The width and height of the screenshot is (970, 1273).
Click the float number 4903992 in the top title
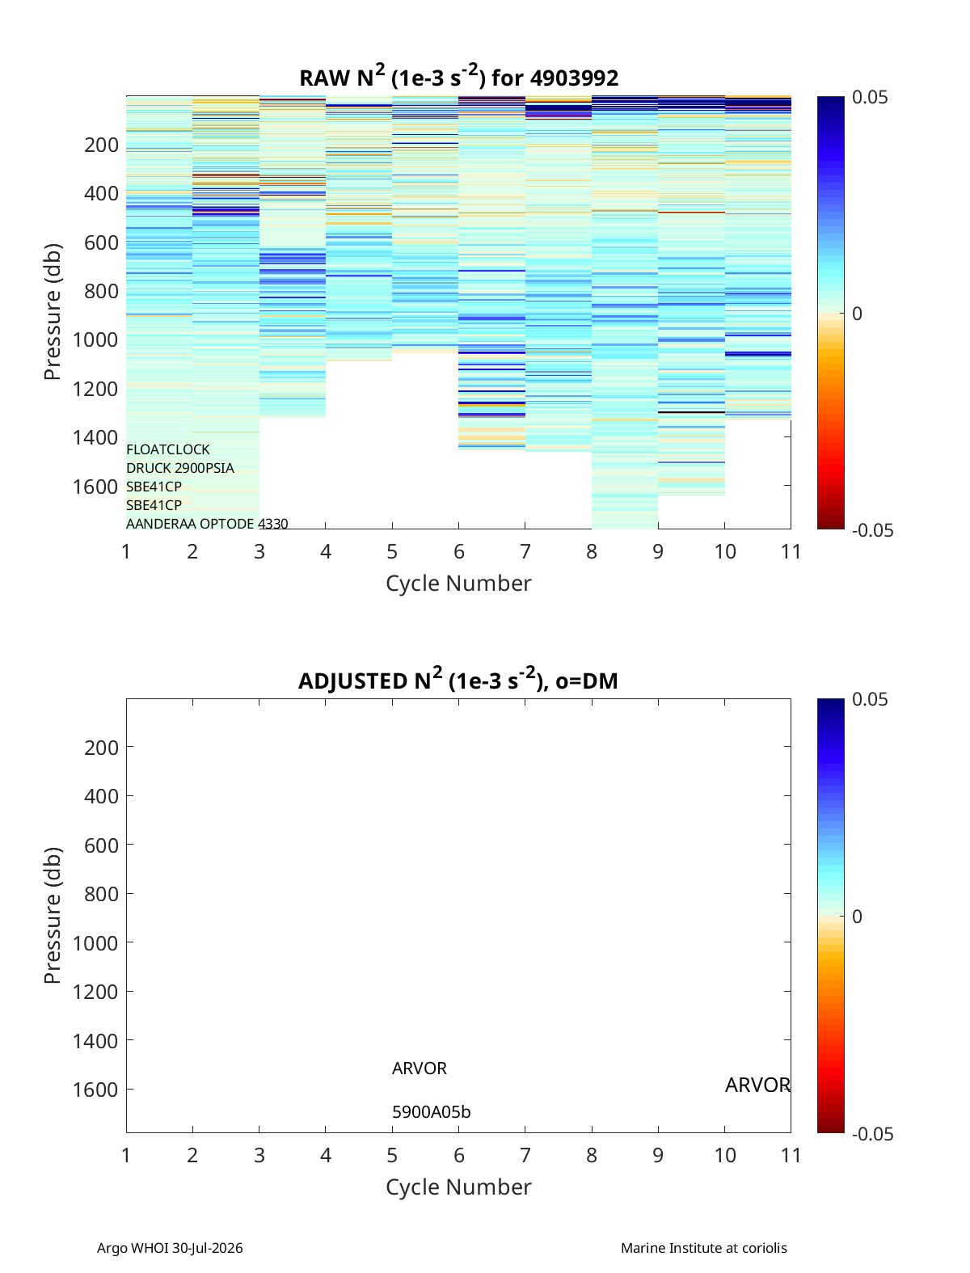[x=574, y=78]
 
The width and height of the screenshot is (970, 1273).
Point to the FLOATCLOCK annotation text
[x=168, y=449]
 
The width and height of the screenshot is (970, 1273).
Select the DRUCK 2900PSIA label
[x=180, y=468]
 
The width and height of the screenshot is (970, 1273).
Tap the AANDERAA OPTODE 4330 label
[x=207, y=524]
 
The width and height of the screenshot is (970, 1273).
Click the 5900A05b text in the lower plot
[x=432, y=1112]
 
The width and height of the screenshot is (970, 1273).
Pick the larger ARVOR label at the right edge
[x=757, y=1085]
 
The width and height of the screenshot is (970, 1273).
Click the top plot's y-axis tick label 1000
[x=95, y=339]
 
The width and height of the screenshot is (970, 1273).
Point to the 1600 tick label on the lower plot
[x=95, y=1090]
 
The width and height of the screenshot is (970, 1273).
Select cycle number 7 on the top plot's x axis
[x=525, y=551]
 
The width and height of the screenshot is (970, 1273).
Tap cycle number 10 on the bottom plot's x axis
[x=725, y=1155]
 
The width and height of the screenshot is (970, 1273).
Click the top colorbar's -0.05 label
[x=872, y=530]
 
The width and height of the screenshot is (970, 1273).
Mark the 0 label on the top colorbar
[x=857, y=314]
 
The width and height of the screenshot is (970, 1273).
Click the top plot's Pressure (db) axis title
[x=53, y=312]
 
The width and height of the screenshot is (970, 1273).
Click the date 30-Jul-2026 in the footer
[x=208, y=1248]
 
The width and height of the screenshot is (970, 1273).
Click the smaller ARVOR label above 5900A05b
[x=420, y=1069]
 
